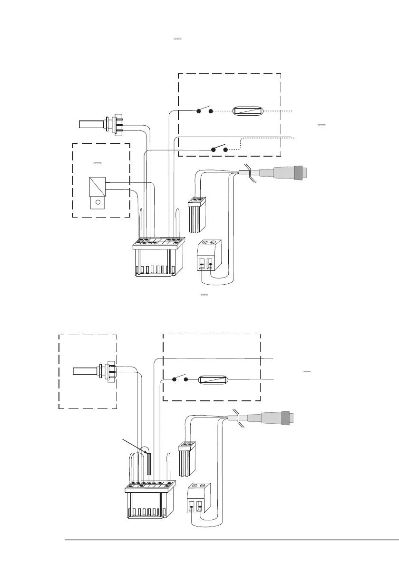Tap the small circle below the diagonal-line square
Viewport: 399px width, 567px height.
(97, 202)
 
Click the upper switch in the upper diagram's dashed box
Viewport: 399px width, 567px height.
(204, 111)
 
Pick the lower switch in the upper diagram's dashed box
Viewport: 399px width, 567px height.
(219, 148)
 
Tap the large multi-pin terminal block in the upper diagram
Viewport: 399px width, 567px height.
(158, 258)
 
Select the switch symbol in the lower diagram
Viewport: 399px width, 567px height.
(180, 379)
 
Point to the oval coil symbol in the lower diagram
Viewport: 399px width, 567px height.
(214, 380)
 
